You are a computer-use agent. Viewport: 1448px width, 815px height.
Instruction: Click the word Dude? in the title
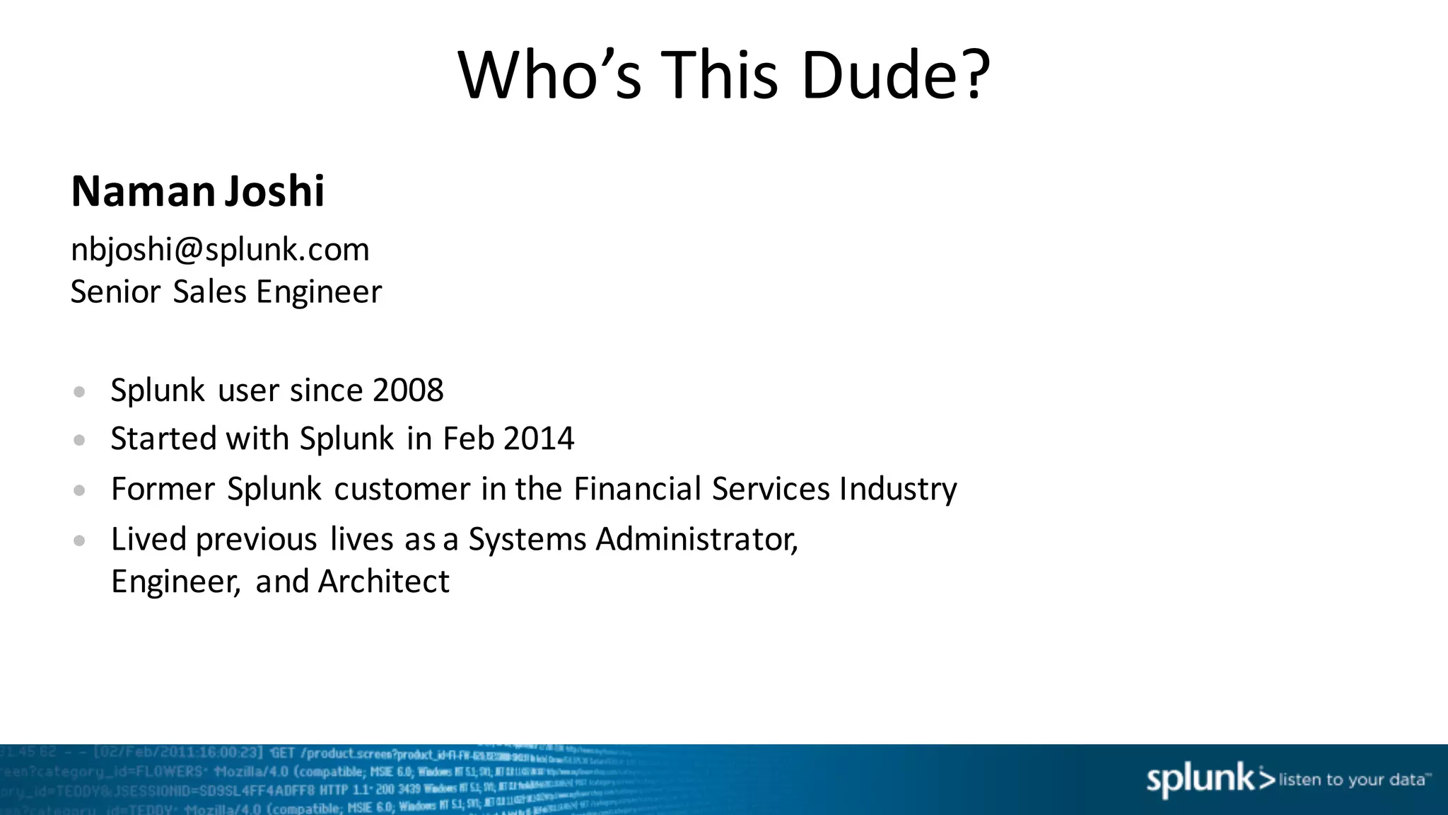click(x=896, y=75)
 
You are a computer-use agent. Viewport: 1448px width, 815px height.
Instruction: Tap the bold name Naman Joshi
click(x=198, y=191)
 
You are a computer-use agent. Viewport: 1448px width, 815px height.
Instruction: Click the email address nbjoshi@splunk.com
click(x=220, y=249)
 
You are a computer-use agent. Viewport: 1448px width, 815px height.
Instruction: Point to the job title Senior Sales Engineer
click(x=226, y=291)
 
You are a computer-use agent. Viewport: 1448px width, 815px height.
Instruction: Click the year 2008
click(x=408, y=390)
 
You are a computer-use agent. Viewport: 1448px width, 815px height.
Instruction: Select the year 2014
click(x=539, y=439)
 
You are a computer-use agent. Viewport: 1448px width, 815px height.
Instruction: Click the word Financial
click(x=637, y=489)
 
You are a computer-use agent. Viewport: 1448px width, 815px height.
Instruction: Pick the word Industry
click(x=898, y=489)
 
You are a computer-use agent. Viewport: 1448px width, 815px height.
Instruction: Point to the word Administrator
click(x=697, y=539)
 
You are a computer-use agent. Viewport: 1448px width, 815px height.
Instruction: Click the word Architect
click(x=383, y=582)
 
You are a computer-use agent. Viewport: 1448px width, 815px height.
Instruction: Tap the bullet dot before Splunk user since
click(x=79, y=391)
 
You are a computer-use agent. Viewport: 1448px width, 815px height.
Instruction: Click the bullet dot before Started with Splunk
click(x=79, y=440)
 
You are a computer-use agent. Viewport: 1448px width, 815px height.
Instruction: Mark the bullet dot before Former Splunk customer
click(x=79, y=490)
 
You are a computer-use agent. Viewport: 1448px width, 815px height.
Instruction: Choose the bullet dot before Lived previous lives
click(x=79, y=541)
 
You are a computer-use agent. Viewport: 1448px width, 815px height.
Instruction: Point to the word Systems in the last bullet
click(x=527, y=539)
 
